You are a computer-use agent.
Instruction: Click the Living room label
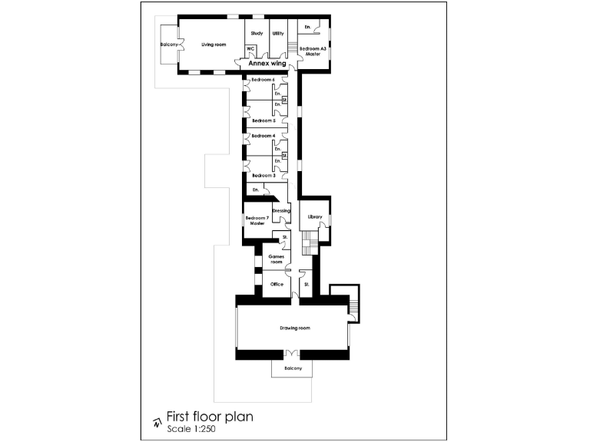214,45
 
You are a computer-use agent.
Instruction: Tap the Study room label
257,34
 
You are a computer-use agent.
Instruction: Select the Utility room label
278,34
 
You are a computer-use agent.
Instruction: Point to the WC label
250,49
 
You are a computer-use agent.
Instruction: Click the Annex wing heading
267,64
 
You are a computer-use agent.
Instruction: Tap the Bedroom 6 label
263,81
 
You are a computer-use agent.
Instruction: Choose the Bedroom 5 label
264,120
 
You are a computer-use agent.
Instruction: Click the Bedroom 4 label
264,136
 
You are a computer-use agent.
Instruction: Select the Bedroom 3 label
264,176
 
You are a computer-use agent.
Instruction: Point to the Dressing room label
281,210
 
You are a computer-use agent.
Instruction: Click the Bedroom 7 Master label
256,221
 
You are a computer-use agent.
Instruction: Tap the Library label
314,217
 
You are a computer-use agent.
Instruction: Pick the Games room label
275,259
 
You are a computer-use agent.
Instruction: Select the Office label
277,284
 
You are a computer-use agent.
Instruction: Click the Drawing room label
294,328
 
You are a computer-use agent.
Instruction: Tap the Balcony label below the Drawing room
293,368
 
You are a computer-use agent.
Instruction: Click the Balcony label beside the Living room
170,45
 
